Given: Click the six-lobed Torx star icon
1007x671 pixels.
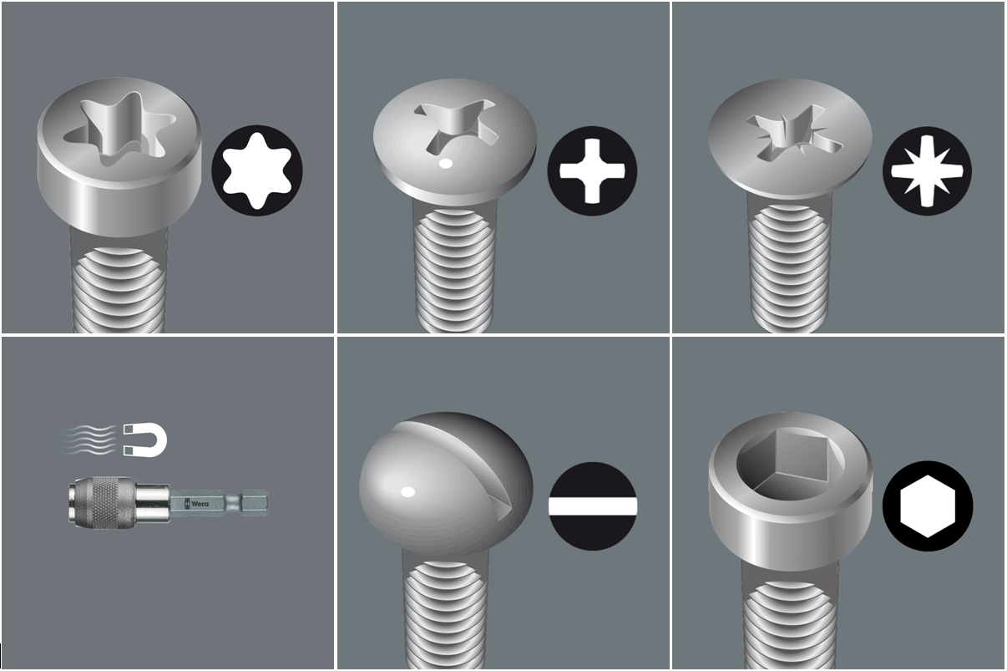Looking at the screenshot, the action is [x=256, y=170].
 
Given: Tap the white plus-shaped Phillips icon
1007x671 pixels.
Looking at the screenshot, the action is [x=592, y=171].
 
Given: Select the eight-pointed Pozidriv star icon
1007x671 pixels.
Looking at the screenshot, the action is [x=927, y=171].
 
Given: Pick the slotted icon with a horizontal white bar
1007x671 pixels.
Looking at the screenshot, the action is [x=593, y=506].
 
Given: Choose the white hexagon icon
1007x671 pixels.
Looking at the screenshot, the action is [x=928, y=506].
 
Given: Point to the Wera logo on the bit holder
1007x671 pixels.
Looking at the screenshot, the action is [x=196, y=503].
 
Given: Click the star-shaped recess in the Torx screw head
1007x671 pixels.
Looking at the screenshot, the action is [x=120, y=128].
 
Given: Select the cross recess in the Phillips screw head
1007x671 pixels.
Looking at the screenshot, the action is [x=456, y=125].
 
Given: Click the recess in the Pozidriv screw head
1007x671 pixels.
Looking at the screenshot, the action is [x=793, y=133].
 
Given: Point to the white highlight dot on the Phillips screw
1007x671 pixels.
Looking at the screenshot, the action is [x=446, y=164].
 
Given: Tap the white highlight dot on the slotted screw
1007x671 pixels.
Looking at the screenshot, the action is [x=407, y=492].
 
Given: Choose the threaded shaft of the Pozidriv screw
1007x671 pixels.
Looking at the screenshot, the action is [x=790, y=266].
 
